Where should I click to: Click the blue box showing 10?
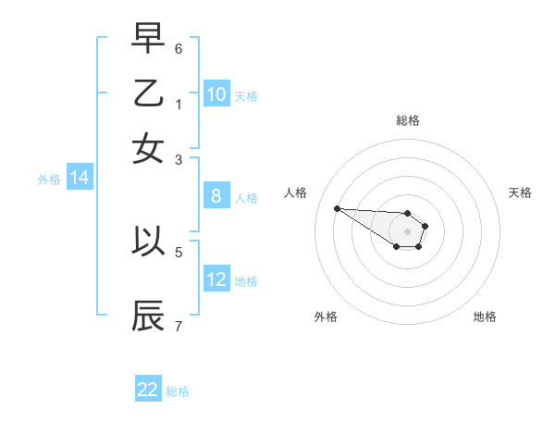[x=216, y=94]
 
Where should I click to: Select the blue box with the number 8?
[x=216, y=196]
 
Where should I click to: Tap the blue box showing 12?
[x=216, y=280]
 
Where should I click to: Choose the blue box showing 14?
[x=80, y=179]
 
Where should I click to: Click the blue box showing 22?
[x=148, y=390]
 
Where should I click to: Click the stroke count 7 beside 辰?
[x=179, y=326]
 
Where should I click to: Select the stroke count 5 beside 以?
[x=179, y=251]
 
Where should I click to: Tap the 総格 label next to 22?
[x=178, y=391]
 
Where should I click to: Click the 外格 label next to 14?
[x=49, y=180]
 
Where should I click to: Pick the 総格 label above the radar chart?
[x=407, y=120]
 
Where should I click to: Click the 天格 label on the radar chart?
[x=521, y=193]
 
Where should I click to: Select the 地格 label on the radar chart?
[x=485, y=317]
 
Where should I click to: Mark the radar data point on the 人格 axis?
[x=337, y=208]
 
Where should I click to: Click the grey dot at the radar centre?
[x=407, y=231]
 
